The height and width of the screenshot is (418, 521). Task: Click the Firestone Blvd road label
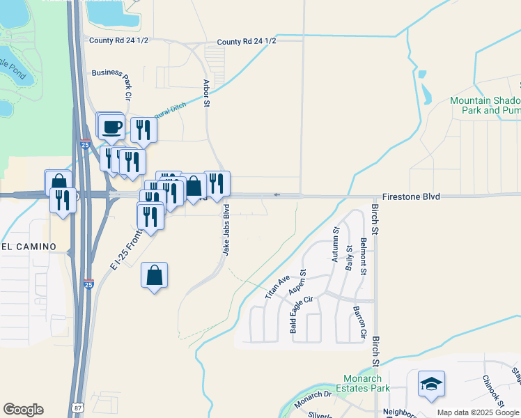411,197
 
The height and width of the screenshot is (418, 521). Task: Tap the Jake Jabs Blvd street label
226,229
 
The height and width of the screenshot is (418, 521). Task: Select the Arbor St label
206,93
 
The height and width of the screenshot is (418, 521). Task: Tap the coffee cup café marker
111,127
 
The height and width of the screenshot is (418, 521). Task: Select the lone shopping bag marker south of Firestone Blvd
154,275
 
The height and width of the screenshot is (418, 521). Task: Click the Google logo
23,410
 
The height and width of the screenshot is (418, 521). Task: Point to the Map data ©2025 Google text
477,412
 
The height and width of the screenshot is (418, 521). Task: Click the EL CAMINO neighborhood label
24,246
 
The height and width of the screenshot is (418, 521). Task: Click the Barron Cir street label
359,323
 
